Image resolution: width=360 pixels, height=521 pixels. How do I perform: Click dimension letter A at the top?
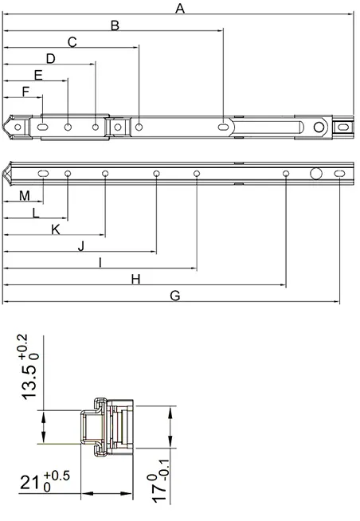(x=180, y=8)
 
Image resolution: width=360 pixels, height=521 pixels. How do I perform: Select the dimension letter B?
(x=115, y=25)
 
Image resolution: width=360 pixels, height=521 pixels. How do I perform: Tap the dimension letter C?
(x=72, y=42)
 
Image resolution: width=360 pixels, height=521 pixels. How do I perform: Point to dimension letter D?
(x=50, y=59)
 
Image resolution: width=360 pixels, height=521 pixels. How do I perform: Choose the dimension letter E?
(x=38, y=76)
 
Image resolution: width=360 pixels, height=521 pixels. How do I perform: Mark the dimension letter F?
(x=25, y=92)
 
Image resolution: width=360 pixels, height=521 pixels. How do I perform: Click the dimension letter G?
(x=175, y=296)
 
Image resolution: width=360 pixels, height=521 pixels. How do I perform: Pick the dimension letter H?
(x=136, y=279)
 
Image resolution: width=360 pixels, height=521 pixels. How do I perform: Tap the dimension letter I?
(x=100, y=263)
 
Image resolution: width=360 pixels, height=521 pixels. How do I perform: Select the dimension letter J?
(x=81, y=246)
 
